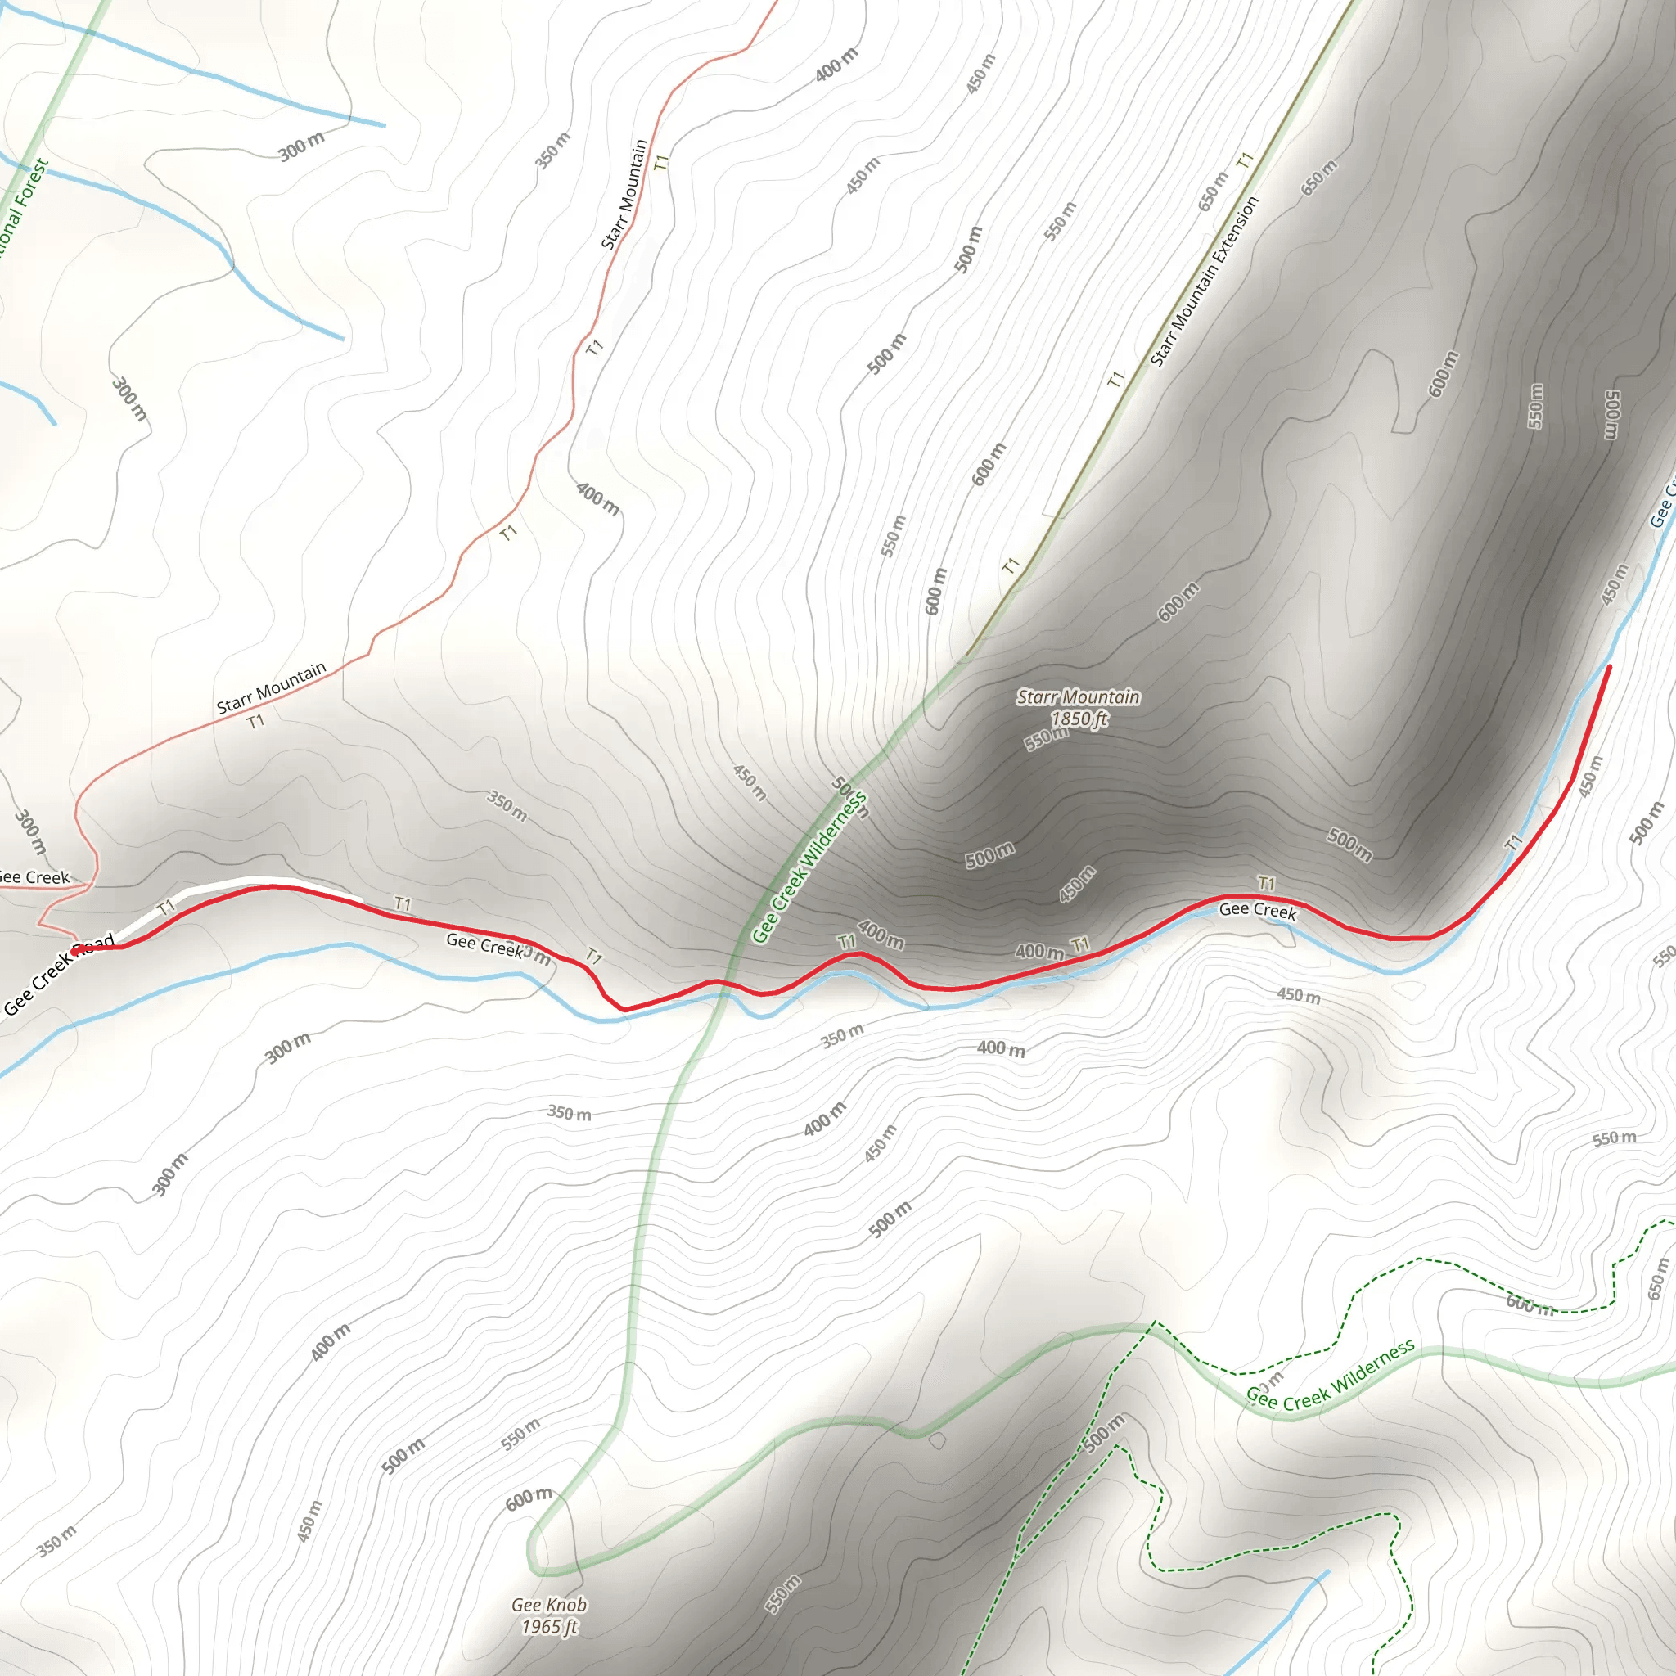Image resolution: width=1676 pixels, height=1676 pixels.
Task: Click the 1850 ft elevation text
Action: [x=1079, y=719]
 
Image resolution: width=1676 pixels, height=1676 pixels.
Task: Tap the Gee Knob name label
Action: [x=549, y=1605]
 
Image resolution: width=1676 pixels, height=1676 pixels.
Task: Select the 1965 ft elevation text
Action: [x=549, y=1627]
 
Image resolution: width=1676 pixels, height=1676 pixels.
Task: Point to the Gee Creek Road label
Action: [x=59, y=974]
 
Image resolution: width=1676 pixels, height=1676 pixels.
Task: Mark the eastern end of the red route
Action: [x=1609, y=666]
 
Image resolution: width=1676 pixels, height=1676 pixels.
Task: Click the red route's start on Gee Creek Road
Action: [x=76, y=951]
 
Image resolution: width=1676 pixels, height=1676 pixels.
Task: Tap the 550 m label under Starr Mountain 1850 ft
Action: [x=1046, y=737]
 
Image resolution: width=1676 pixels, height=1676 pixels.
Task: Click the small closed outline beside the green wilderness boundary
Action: [x=937, y=1441]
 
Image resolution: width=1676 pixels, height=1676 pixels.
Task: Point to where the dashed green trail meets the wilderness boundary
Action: [x=1155, y=1325]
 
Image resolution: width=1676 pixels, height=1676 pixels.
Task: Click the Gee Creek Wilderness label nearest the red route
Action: [x=809, y=867]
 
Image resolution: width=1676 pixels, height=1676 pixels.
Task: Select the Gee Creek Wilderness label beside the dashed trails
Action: [x=1330, y=1373]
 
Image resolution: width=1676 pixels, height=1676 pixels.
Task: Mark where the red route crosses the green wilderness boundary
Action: [x=722, y=982]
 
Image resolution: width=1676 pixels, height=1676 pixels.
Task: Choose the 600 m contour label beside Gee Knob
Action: [x=529, y=1498]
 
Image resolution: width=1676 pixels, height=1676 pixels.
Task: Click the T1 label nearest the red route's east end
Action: [x=1514, y=841]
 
